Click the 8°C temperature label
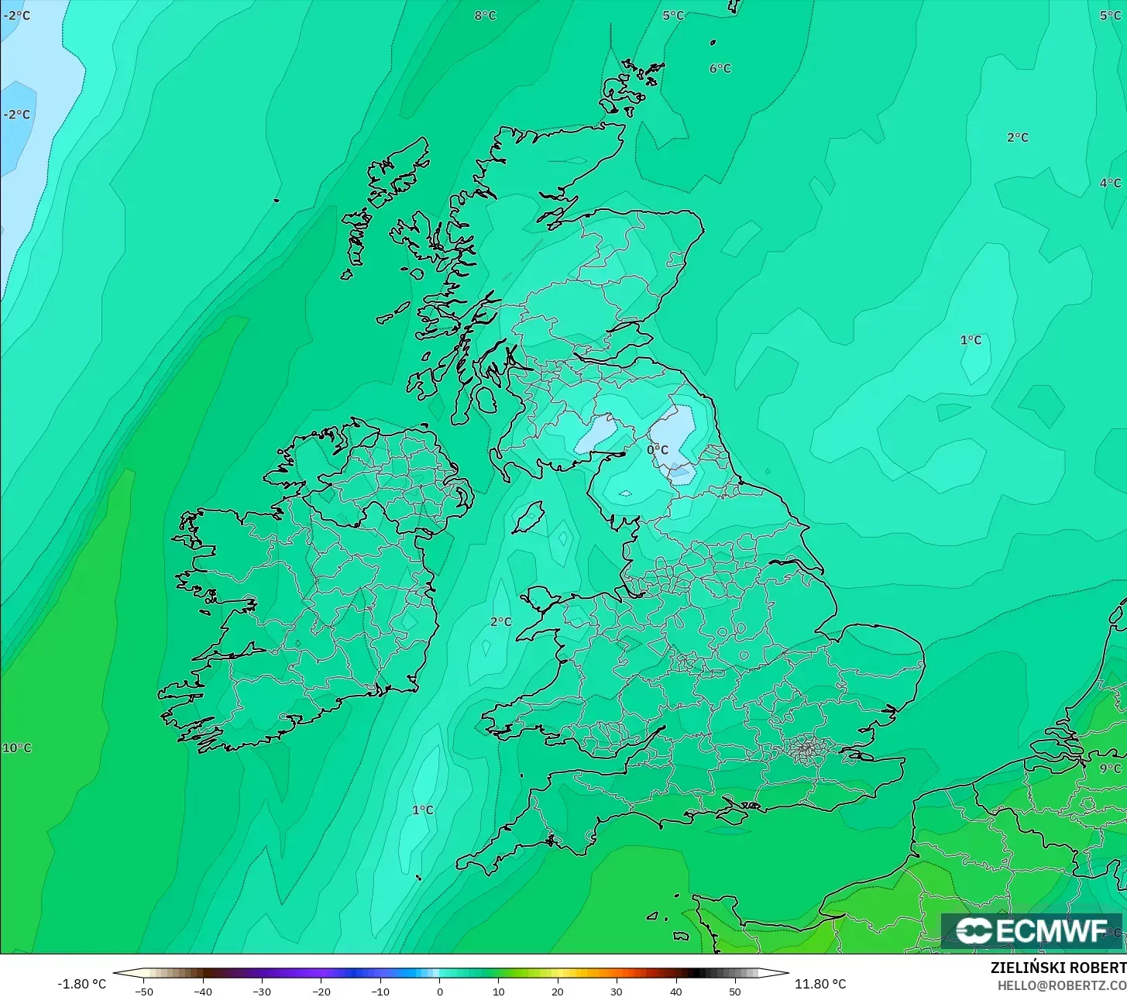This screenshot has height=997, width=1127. (485, 15)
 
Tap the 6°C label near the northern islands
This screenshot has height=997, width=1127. (720, 68)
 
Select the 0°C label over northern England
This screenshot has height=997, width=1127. (657, 449)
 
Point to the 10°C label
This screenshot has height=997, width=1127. (16, 748)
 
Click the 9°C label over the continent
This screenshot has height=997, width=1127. (1109, 768)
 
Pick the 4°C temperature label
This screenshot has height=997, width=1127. (1109, 183)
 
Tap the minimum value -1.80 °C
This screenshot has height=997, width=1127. (81, 984)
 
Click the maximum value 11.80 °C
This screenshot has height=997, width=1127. (820, 984)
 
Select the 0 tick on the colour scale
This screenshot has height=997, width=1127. (439, 991)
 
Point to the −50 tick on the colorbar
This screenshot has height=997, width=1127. (143, 991)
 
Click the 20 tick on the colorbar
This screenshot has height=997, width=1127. (558, 991)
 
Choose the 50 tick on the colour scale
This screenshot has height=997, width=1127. (734, 991)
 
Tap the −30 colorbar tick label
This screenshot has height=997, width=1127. (262, 991)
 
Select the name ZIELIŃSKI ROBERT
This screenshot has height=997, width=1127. (1057, 968)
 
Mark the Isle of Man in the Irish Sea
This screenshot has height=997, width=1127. (529, 517)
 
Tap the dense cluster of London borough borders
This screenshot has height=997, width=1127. (806, 748)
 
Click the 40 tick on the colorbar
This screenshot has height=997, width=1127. (675, 991)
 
